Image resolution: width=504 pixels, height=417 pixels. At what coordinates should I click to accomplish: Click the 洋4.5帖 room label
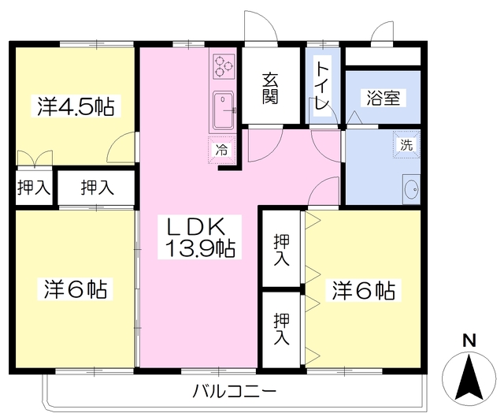75,107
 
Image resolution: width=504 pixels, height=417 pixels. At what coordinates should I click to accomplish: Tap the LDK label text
198,225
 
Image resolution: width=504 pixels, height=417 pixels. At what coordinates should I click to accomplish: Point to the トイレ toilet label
323,87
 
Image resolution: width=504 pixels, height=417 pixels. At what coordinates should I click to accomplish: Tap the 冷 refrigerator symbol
221,149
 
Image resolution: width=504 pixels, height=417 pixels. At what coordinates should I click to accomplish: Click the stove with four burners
223,69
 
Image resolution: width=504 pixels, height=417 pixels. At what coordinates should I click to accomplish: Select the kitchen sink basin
223,111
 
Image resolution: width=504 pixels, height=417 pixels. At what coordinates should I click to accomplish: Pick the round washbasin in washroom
410,189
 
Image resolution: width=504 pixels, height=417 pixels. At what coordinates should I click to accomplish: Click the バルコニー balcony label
234,391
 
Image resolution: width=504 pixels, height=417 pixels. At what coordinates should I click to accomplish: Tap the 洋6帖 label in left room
75,289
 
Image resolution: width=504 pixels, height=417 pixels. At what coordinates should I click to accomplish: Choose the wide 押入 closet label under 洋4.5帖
98,188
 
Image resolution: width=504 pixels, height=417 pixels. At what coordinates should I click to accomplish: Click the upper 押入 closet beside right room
281,251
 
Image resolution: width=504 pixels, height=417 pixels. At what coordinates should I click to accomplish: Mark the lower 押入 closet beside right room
281,330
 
